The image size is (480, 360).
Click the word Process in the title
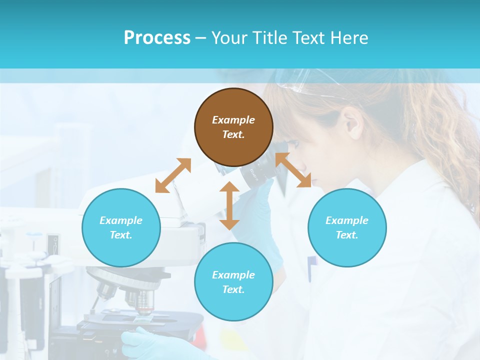pyautogui.click(x=157, y=37)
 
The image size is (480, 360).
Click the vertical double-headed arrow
pyautogui.click(x=229, y=205)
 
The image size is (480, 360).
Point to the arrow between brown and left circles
pyautogui.click(x=173, y=175)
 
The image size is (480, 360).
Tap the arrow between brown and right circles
pyautogui.click(x=293, y=170)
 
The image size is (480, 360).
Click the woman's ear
pyautogui.click(x=352, y=123)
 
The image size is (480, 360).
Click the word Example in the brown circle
pyautogui.click(x=233, y=120)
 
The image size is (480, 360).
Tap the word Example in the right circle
pyautogui.click(x=347, y=220)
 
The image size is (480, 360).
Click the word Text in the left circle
pyautogui.click(x=120, y=235)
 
